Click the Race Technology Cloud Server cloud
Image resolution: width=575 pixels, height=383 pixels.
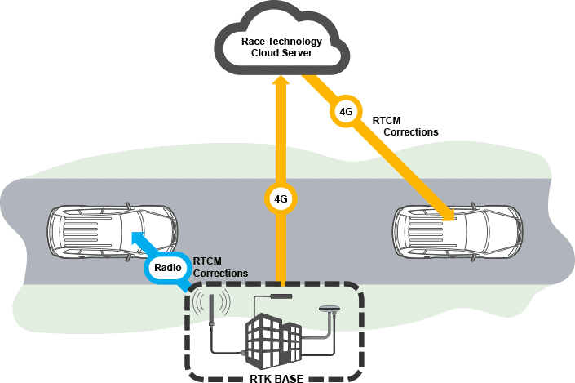click(281, 41)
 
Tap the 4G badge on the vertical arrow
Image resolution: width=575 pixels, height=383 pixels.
click(281, 198)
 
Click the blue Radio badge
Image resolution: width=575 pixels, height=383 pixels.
click(166, 268)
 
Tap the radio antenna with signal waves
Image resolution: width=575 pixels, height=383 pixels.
click(211, 310)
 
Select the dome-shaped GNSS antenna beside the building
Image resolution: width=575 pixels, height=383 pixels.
click(330, 310)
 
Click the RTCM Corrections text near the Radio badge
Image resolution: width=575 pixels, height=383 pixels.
click(220, 267)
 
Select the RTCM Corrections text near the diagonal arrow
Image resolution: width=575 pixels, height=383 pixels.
click(405, 126)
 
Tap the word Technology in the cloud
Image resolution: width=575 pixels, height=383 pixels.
click(297, 42)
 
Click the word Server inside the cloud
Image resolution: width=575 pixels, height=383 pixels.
click(299, 54)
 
